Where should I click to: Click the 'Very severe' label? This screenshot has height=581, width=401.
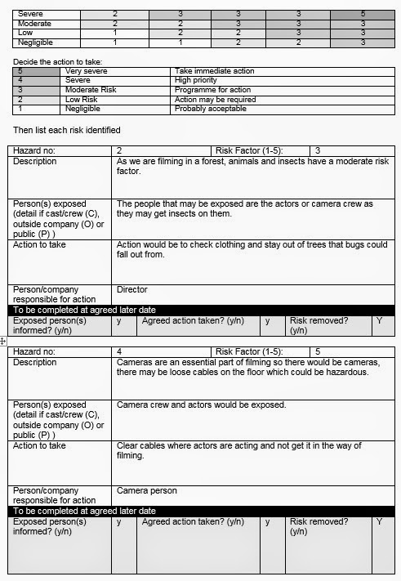click(86, 72)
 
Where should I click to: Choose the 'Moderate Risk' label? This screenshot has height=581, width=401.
click(91, 90)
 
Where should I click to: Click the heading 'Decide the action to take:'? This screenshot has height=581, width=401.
click(59, 62)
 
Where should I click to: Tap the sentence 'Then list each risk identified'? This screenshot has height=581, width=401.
click(67, 130)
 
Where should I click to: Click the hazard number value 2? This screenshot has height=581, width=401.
click(119, 151)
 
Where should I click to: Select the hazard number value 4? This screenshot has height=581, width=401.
click(119, 351)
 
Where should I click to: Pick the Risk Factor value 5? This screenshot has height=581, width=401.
click(317, 351)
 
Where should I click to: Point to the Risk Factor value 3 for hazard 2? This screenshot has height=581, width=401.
click(317, 151)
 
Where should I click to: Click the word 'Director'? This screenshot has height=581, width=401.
click(131, 289)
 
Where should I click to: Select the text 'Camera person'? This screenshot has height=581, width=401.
click(146, 491)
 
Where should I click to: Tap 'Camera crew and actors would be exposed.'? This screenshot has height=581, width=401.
click(201, 404)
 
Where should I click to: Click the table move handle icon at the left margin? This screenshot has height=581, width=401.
click(4, 339)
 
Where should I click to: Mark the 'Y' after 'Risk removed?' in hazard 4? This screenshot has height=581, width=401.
click(378, 521)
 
